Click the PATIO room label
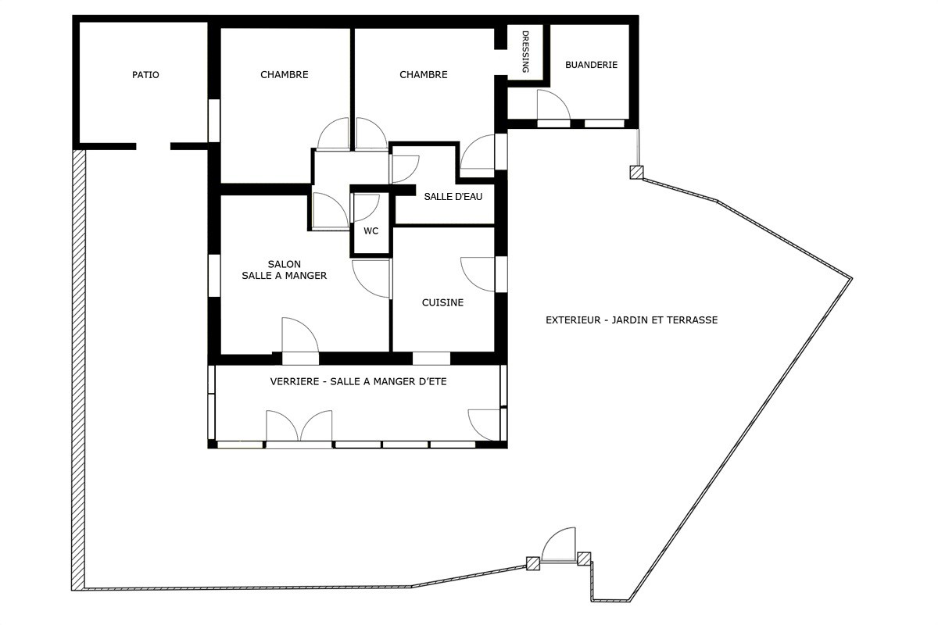(x=145, y=75)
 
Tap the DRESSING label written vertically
(x=525, y=52)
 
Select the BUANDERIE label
(x=591, y=65)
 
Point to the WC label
(x=371, y=231)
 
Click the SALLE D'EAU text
(x=453, y=197)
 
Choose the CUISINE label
(x=442, y=302)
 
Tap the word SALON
(x=285, y=264)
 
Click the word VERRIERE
(x=295, y=381)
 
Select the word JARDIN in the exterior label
(x=630, y=320)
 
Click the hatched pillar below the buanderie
(x=636, y=173)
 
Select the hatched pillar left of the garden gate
(x=532, y=563)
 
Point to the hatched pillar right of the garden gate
(x=584, y=559)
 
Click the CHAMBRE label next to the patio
(x=285, y=75)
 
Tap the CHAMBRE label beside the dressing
(x=424, y=75)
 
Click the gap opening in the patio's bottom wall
(x=153, y=146)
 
